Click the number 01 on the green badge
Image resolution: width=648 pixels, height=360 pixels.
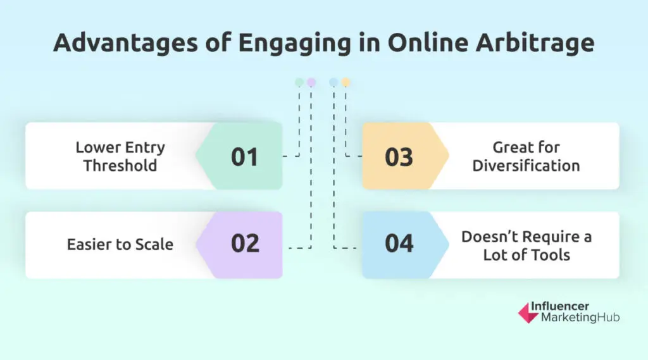pos(244,157)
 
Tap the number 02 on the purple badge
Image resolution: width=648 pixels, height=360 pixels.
pos(245,243)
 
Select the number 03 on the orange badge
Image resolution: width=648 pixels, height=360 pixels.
pos(399,157)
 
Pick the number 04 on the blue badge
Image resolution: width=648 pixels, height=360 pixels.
pos(399,243)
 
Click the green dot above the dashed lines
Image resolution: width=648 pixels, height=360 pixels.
pos(299,82)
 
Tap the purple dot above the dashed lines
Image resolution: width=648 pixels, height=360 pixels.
pos(311,82)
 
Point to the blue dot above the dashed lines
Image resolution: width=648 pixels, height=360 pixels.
pos(333,82)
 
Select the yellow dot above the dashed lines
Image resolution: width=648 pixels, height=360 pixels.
pos(346,82)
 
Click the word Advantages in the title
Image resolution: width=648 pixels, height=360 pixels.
pos(126,43)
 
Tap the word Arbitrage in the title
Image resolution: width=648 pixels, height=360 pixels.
pos(535,43)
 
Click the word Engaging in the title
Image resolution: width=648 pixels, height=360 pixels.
pos(295,43)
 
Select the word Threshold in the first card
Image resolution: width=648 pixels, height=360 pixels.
pos(120,165)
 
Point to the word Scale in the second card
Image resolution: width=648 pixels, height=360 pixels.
pos(154,244)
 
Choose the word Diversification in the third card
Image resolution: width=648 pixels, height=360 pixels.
pos(526,165)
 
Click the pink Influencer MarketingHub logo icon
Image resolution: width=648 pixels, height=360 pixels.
pos(528,313)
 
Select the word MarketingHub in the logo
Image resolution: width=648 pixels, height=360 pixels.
pos(580,318)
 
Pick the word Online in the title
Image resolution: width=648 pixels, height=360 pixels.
pos(428,43)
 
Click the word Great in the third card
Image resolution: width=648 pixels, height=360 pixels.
pos(508,147)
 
